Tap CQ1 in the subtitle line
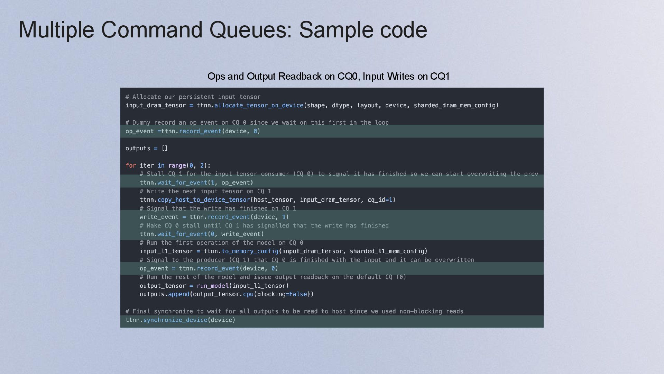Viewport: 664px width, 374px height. pos(440,76)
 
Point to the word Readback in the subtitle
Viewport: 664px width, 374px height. pos(300,76)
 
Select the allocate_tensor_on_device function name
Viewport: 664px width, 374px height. pos(259,105)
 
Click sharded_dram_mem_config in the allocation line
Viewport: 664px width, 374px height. pos(455,105)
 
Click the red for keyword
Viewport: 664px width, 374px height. pos(131,166)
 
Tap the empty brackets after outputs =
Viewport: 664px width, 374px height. pos(165,148)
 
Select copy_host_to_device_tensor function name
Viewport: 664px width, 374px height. pos(204,200)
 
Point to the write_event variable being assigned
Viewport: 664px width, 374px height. pos(159,217)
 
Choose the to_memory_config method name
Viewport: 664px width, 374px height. pos(250,251)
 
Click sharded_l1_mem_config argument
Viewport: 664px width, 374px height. pos(387,251)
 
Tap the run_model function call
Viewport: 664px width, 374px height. pos(213,286)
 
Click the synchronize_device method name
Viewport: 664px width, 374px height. pos(175,320)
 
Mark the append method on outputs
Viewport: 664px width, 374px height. pos(178,294)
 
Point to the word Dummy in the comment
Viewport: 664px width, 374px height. pos(141,123)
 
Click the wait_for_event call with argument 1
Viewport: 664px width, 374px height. pos(182,182)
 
